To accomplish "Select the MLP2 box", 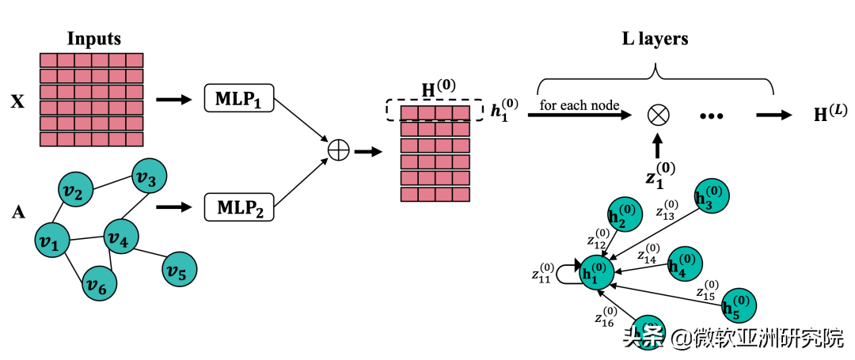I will [237, 207].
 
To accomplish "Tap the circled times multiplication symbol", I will [658, 115].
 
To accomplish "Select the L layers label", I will [655, 38].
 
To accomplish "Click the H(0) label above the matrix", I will [438, 88].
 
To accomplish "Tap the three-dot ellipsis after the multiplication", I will [712, 116].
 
